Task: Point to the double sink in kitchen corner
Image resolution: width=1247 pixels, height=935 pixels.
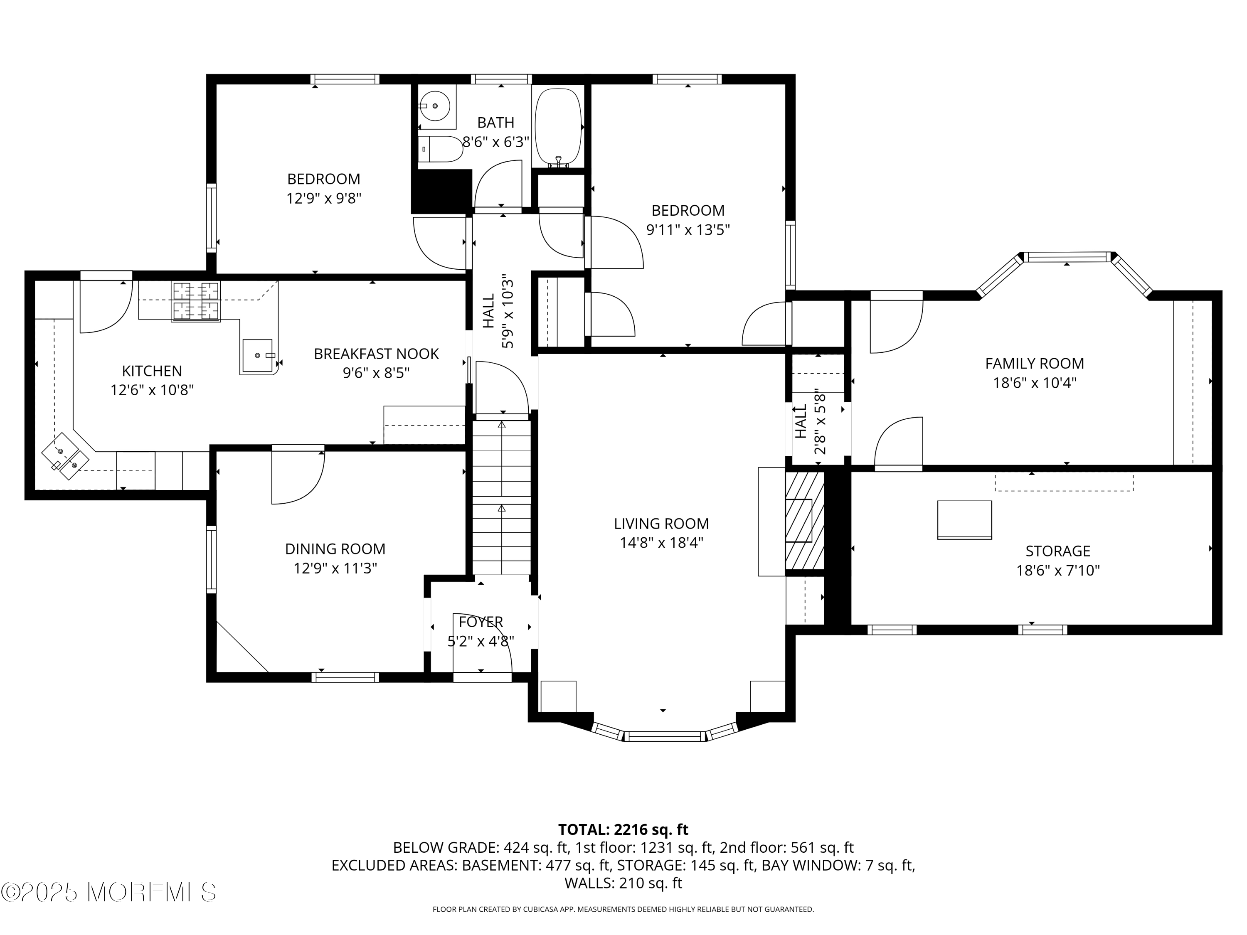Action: pos(65,455)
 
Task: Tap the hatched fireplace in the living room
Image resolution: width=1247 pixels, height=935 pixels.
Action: pos(804,520)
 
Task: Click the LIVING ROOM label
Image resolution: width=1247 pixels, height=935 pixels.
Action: pos(661,524)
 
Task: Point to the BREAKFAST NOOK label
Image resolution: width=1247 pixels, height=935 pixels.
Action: pos(376,354)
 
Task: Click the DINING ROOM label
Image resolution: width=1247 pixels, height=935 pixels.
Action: pos(335,549)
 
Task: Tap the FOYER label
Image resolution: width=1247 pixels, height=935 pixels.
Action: pos(481,622)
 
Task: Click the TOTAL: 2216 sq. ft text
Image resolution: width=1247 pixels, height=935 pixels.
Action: pos(623,829)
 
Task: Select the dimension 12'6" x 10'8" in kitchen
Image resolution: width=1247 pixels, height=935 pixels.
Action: pos(152,390)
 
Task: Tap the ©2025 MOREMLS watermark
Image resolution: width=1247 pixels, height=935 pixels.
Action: pos(108,892)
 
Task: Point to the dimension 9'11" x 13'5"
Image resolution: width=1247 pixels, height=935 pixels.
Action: pos(688,230)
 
